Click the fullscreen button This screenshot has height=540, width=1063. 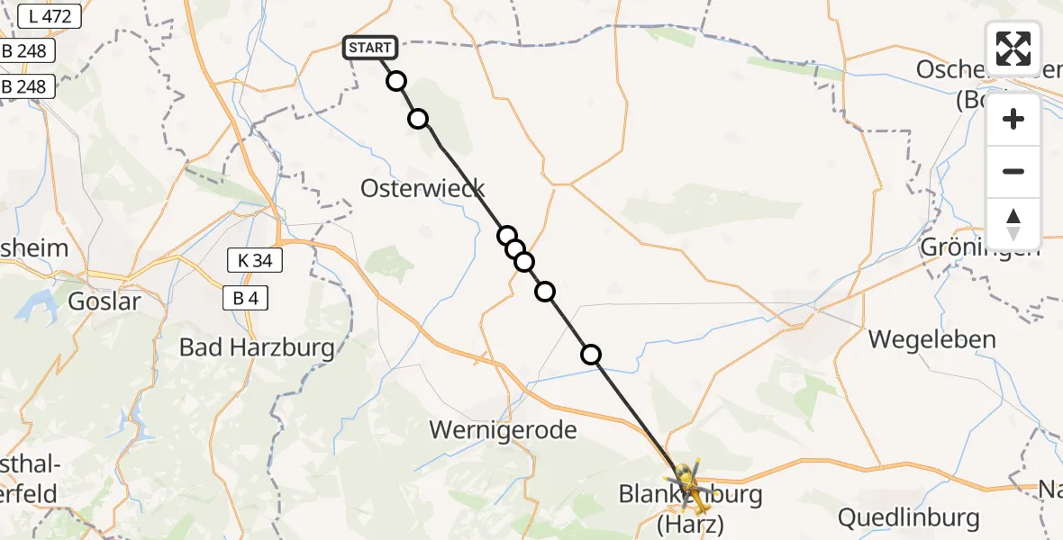[x=1013, y=49]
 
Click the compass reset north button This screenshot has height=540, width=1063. [x=1013, y=224]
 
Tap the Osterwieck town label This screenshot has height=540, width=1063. [x=422, y=188]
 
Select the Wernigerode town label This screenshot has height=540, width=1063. [x=503, y=429]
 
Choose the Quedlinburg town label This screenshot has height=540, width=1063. [x=908, y=517]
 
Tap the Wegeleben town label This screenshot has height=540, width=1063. [x=932, y=339]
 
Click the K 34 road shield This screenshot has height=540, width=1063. [x=255, y=262]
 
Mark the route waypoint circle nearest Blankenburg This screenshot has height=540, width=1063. [x=591, y=355]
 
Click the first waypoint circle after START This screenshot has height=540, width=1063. [x=396, y=82]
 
